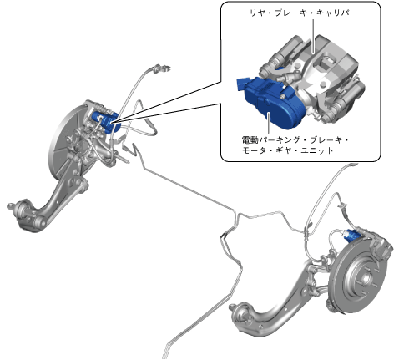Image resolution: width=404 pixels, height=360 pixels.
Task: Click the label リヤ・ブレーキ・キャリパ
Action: [299, 13]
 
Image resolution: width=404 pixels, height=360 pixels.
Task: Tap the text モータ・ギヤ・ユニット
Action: [287, 150]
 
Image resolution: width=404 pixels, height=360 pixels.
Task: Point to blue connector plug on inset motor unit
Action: [241, 84]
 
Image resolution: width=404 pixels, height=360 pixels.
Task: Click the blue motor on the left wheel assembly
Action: [107, 122]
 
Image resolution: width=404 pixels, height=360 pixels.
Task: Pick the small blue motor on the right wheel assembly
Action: [351, 236]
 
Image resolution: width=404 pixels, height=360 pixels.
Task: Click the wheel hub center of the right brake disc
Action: [365, 277]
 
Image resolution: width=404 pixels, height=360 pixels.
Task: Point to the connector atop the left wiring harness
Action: [160, 68]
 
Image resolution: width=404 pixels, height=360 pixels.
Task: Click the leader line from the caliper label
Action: [314, 36]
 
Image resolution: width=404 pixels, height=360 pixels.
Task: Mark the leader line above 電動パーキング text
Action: [269, 124]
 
